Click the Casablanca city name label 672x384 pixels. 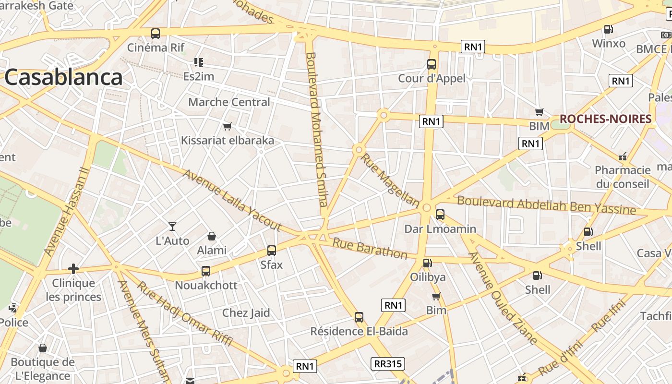point(64,77)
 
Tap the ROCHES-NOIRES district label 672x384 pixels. point(605,119)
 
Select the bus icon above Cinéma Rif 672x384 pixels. point(156,34)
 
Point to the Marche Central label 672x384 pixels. point(229,102)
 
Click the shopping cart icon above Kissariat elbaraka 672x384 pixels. point(227,127)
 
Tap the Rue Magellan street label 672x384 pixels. point(390,180)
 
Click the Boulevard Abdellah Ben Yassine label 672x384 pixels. point(546,205)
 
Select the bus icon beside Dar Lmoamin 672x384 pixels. point(440,215)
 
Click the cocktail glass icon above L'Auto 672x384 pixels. point(172,226)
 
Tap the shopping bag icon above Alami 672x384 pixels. point(211,236)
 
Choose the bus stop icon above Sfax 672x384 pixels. point(272,250)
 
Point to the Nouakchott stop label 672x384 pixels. point(206,285)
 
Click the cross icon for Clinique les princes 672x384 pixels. point(73,269)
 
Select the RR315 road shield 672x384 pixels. point(388,363)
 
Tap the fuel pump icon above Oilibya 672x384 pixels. point(427,263)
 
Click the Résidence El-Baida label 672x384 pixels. point(359,331)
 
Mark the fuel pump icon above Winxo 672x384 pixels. point(608,29)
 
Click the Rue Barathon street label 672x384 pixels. point(370,248)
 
